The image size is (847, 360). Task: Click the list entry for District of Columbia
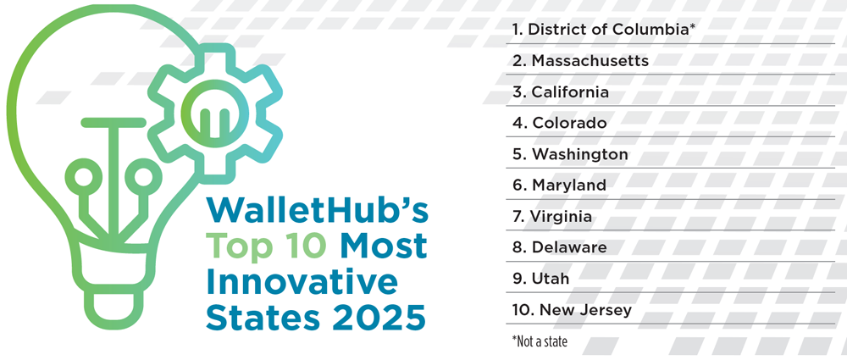603,30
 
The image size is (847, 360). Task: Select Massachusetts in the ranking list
581,60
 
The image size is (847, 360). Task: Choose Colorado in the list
560,123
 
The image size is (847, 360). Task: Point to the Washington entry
570,155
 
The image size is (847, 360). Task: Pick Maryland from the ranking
560,186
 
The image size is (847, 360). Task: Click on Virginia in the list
552,217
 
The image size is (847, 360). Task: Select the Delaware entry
560,247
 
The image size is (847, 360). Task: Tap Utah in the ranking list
540,279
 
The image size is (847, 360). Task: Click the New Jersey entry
572,310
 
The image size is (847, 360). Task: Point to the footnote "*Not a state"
540,341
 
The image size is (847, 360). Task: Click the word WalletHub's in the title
317,211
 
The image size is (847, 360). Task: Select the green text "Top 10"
267,246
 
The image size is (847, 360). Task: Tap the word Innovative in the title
302,283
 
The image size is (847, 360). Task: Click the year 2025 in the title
379,318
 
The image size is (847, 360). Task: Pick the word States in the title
264,318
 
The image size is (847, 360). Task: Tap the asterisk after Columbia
691,25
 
